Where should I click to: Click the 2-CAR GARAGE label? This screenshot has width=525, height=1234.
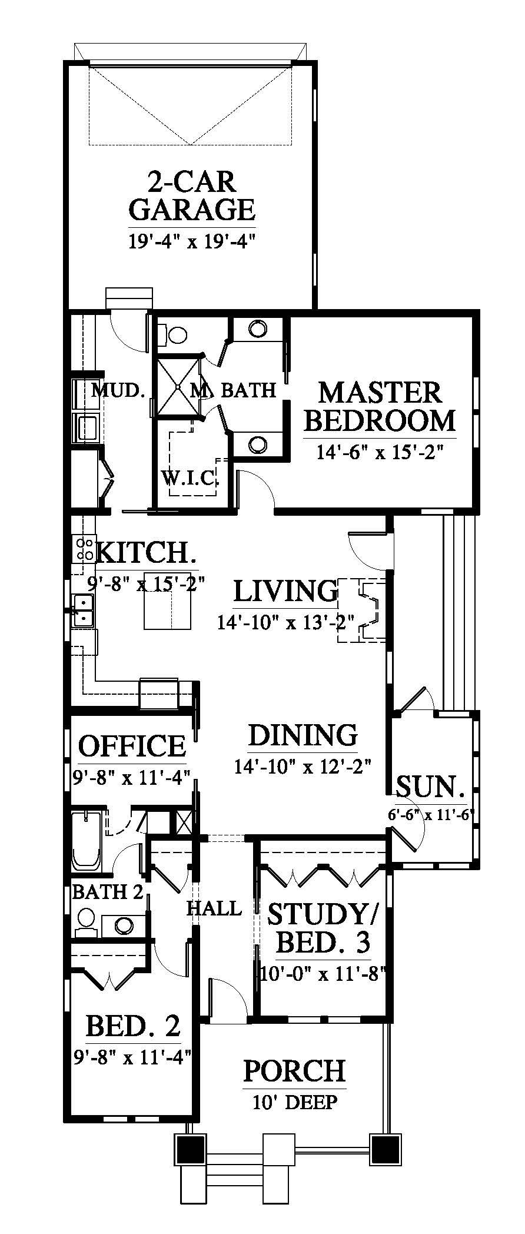click(192, 195)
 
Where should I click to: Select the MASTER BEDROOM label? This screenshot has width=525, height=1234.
click(380, 406)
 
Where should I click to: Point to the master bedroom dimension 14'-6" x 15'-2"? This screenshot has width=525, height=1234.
click(380, 452)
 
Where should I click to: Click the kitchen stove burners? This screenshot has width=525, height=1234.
click(84, 549)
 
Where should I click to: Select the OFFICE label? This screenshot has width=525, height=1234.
click(132, 746)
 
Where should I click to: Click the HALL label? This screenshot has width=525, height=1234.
click(214, 908)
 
